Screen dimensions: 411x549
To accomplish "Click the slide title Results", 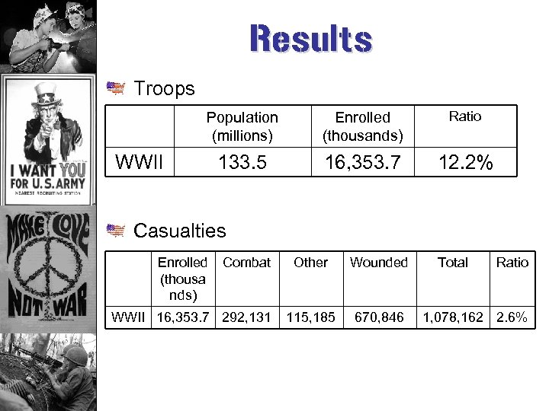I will [310, 39].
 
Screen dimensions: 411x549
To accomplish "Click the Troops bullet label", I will [164, 89].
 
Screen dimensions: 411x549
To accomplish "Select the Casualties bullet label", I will [180, 231].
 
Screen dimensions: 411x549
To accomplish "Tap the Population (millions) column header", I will [242, 126].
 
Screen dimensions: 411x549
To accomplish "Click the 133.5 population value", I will [242, 161].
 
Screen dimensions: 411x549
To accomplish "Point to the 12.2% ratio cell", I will [465, 161].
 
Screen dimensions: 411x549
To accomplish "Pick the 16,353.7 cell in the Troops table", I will [363, 161].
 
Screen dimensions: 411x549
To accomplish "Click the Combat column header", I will [246, 263].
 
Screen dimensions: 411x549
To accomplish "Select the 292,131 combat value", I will [246, 317].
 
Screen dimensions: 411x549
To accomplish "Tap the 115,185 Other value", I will [310, 317].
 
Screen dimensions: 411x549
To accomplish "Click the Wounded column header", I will [379, 263].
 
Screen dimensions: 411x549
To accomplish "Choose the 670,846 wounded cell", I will [379, 317].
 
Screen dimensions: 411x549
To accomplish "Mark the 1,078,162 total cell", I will [453, 317].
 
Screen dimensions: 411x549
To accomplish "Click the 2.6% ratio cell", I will [512, 317].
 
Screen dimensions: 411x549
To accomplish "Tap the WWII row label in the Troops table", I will [140, 161].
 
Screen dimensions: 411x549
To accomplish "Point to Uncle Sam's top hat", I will [47, 95].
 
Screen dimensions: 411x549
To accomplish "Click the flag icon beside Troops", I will [116, 89].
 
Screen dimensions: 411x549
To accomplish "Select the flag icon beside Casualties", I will [116, 231].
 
